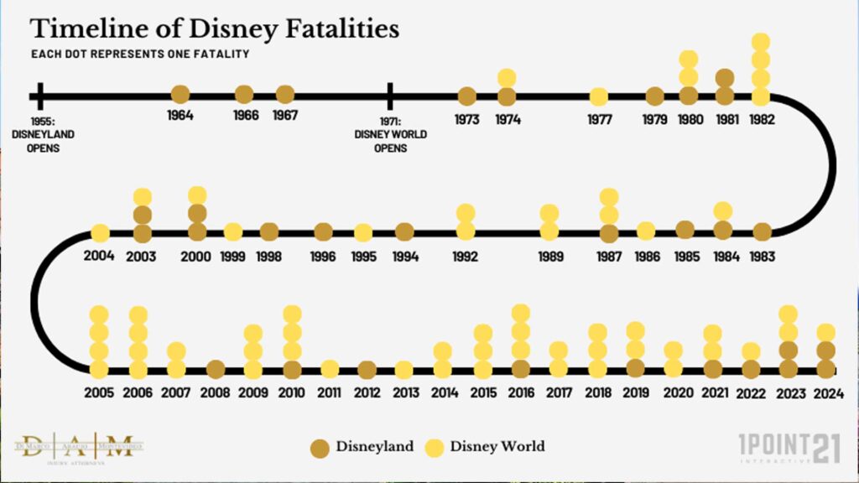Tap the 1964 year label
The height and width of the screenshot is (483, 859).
pos(180,116)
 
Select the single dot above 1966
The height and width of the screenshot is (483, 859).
pos(244,95)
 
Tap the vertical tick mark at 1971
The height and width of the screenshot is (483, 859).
pos(390,95)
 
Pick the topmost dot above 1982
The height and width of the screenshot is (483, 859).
pos(761,42)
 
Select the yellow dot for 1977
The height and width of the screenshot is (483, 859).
pos(599,96)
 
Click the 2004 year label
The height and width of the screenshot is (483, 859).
pos(99,255)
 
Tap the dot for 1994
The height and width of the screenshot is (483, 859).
pos(404,231)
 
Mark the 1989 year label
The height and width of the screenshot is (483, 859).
pos(550,257)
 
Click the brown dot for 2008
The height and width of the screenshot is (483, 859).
pos(216,369)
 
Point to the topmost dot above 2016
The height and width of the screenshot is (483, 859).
pos(520,314)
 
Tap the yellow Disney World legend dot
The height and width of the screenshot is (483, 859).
pos(435,446)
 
